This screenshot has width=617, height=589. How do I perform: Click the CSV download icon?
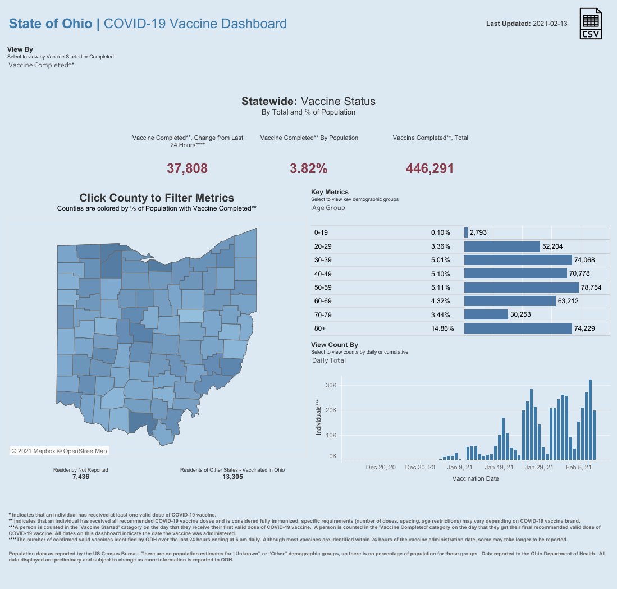(590, 24)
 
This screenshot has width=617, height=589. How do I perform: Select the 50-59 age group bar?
(521, 287)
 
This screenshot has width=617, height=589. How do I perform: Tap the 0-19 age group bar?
(466, 232)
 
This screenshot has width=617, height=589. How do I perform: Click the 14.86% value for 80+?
(442, 328)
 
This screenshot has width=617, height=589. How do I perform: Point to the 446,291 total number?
(429, 168)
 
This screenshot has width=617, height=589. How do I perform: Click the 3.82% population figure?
(308, 168)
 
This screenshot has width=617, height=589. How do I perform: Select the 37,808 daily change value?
(188, 168)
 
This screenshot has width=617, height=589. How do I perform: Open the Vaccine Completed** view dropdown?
(42, 65)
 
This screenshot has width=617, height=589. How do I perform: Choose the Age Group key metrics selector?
(328, 208)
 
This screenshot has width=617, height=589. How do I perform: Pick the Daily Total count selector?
(329, 360)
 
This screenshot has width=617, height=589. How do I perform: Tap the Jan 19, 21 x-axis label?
(499, 467)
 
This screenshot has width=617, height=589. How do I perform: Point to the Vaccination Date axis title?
(475, 479)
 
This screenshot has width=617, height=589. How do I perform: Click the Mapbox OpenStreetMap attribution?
(59, 451)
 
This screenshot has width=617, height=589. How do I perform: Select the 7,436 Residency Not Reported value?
(80, 477)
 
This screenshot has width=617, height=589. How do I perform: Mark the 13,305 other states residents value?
(232, 477)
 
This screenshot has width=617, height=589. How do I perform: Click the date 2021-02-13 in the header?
(550, 24)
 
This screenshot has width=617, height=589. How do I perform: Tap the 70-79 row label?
(323, 315)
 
